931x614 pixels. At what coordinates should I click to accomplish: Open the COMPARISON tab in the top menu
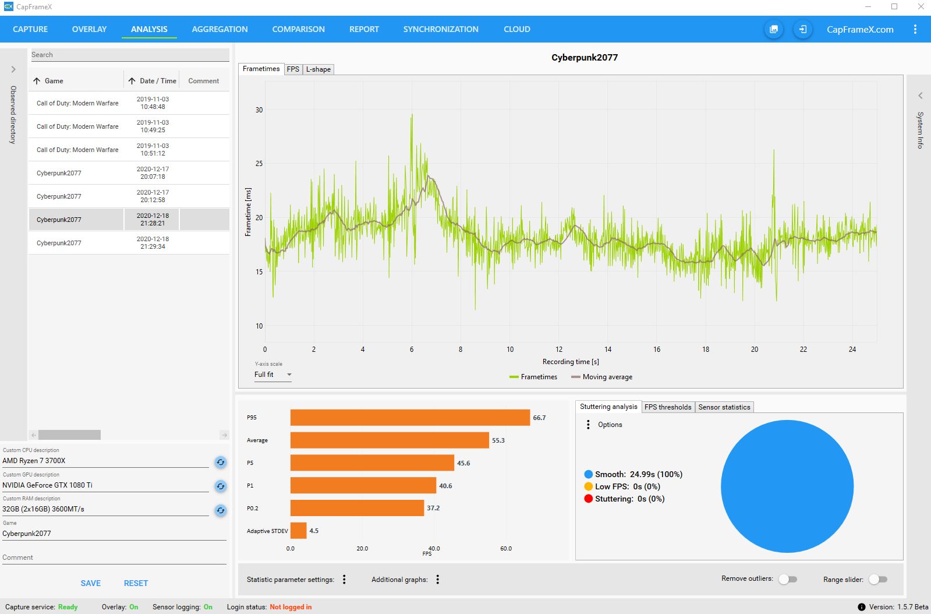pos(298,29)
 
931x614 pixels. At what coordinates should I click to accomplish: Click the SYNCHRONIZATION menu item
pos(441,29)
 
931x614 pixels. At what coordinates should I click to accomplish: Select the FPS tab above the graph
pos(293,69)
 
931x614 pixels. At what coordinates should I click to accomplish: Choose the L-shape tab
pos(318,69)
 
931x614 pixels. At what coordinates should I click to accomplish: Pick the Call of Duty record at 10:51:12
pos(77,150)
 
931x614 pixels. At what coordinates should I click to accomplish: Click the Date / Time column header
pos(153,81)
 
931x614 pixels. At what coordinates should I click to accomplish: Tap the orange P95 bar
pos(410,418)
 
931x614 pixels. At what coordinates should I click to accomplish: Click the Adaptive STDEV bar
pos(298,531)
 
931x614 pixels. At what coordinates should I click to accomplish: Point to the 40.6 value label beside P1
pos(445,486)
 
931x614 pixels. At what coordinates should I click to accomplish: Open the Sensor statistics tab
pos(724,407)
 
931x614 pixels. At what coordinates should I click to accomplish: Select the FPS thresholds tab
pos(667,407)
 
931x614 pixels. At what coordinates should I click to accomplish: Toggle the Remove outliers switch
pos(788,579)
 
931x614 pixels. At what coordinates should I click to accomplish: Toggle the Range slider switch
pos(877,579)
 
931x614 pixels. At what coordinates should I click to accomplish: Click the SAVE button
pos(91,583)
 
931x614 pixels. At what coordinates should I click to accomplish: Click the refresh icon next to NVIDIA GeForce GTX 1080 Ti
pos(220,486)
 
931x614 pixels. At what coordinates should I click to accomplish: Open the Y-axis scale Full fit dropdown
pos(272,375)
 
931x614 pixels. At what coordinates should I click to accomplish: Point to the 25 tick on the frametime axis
pos(259,164)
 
